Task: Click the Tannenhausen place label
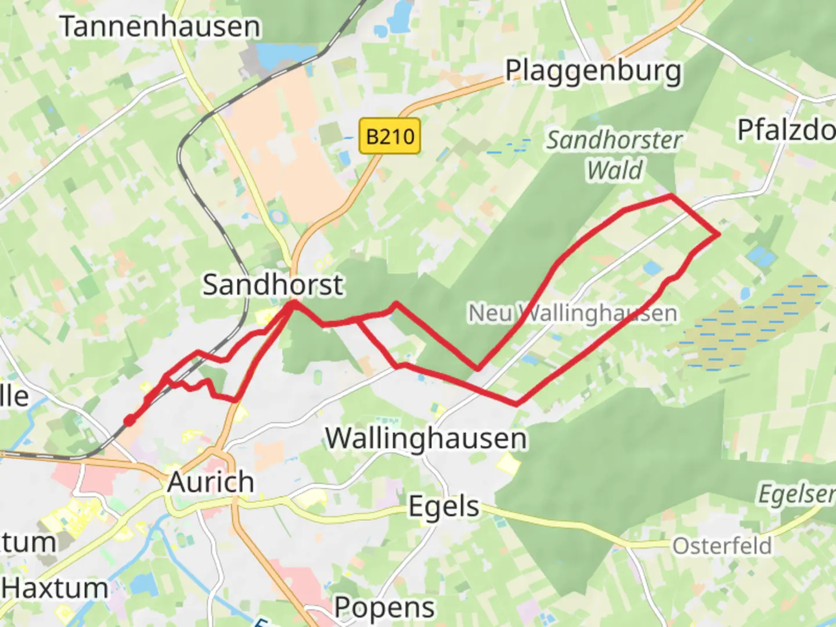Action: click(x=160, y=27)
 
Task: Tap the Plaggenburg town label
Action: click(x=593, y=71)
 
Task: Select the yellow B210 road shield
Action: click(x=390, y=137)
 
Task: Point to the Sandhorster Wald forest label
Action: click(x=614, y=154)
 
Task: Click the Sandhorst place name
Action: click(x=272, y=285)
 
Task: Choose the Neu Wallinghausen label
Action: click(x=572, y=313)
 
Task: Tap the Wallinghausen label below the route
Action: click(x=426, y=438)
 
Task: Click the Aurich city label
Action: click(x=211, y=482)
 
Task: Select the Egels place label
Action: click(x=444, y=506)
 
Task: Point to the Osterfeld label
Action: click(x=722, y=546)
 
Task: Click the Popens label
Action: click(x=384, y=608)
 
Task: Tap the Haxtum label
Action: click(x=55, y=588)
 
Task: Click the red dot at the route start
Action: click(x=129, y=420)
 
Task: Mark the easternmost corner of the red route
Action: click(x=719, y=234)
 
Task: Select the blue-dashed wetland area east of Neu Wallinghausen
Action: click(x=755, y=322)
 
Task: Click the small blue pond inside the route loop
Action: click(x=652, y=268)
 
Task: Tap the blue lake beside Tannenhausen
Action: click(x=275, y=55)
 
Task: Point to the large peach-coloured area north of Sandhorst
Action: click(x=284, y=139)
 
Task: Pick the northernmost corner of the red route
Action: click(x=671, y=197)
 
